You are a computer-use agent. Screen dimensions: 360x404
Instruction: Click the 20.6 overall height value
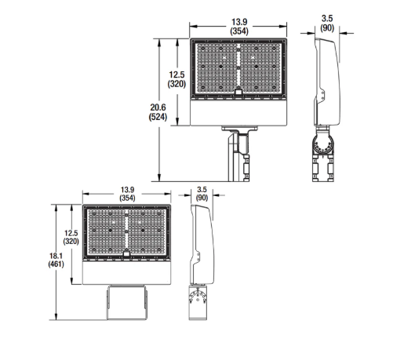[157, 107]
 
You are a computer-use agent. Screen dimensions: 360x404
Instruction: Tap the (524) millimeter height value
[157, 117]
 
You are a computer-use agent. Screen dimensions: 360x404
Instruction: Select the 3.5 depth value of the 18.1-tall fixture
[202, 189]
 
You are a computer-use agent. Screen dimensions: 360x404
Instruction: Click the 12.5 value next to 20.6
[177, 76]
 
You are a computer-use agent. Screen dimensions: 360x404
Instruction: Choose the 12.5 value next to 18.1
[71, 233]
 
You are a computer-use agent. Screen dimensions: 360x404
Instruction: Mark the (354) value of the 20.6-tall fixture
[239, 31]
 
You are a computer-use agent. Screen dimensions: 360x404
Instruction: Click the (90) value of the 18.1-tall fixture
[202, 199]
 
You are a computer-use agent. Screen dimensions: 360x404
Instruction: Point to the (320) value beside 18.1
[71, 243]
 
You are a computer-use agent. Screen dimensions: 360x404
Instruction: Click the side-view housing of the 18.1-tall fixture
[202, 243]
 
